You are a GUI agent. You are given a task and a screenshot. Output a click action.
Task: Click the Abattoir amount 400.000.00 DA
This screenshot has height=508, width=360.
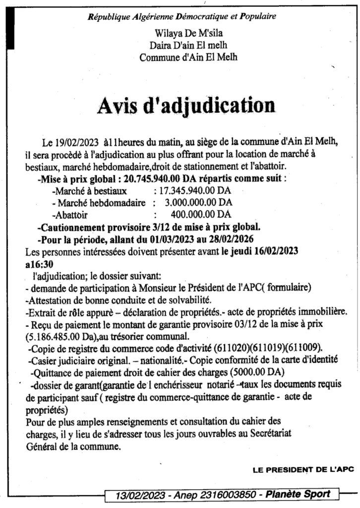[200, 214]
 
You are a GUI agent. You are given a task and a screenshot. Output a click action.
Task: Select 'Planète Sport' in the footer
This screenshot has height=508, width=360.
[302, 495]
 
